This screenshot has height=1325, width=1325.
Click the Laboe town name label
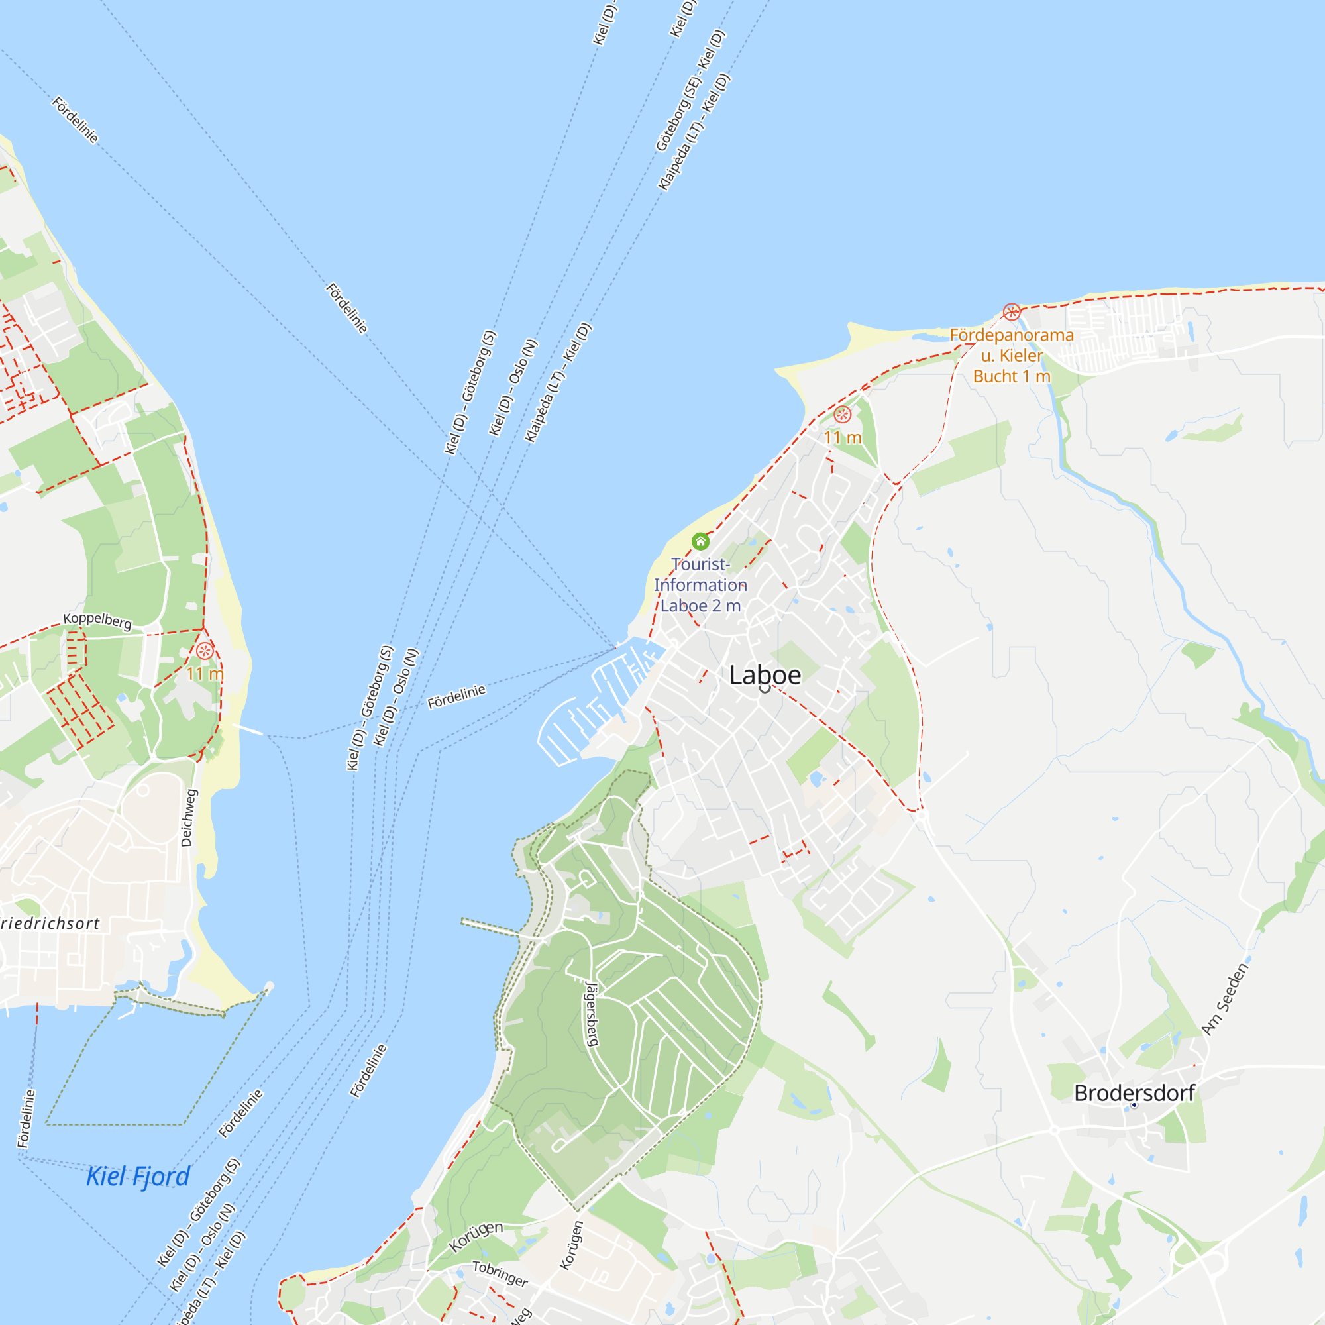tap(765, 676)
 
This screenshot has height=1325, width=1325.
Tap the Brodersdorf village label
tap(1134, 1093)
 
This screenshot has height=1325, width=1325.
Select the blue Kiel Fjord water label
tap(138, 1176)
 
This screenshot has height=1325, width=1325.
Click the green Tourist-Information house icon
tap(700, 541)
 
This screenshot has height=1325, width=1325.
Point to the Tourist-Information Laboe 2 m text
tap(700, 585)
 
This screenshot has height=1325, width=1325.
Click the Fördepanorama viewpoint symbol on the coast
tap(1012, 312)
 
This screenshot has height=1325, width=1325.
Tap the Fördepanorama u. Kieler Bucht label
tap(1012, 355)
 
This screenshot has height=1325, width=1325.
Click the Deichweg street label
tap(189, 818)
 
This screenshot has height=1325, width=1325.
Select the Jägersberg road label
tap(592, 1015)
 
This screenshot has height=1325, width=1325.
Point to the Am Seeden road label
tap(1225, 999)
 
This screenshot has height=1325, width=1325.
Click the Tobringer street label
tap(500, 1273)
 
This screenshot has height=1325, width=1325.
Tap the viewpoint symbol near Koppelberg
tap(204, 650)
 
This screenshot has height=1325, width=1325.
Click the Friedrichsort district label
tap(50, 924)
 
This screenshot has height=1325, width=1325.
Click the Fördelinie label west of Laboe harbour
tap(456, 697)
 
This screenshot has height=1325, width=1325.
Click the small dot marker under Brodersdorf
tap(1134, 1105)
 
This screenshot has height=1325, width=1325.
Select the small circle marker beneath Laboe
tap(765, 688)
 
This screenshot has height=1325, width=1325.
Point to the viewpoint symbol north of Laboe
tap(842, 414)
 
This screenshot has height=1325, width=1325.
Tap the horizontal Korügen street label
tap(476, 1236)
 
